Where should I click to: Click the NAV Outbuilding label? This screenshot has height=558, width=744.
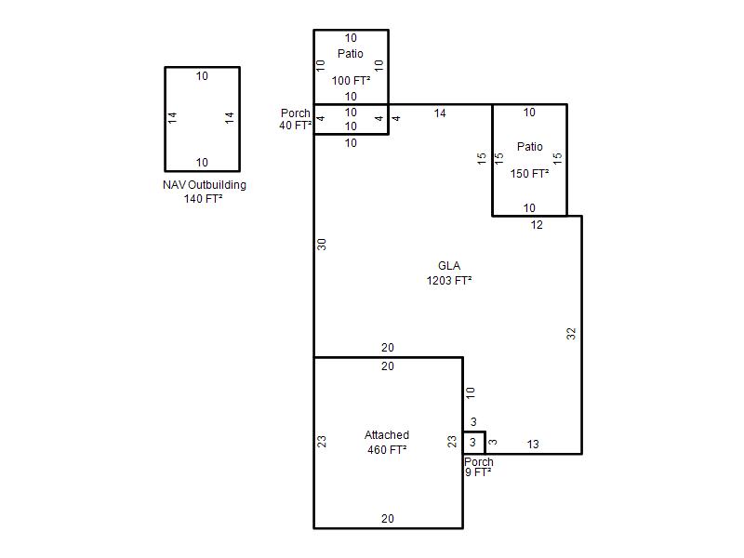click(204, 184)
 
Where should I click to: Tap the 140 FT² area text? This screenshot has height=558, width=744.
click(203, 198)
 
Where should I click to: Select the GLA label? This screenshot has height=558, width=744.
click(449, 266)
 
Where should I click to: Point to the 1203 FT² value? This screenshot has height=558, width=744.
click(449, 281)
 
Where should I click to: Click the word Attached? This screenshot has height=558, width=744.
click(387, 434)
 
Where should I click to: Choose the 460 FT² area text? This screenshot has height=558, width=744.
click(387, 449)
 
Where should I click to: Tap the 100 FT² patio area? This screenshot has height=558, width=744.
click(351, 81)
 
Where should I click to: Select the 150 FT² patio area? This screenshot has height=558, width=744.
click(529, 174)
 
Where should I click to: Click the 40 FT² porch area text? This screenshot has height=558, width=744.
click(295, 126)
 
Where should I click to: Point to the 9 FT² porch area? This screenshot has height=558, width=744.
click(478, 472)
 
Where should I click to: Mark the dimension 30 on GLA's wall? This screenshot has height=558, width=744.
click(322, 245)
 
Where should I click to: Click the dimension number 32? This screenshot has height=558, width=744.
click(571, 334)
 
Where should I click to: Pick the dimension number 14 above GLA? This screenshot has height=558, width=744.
click(440, 113)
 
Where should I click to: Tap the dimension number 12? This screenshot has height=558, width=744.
click(537, 225)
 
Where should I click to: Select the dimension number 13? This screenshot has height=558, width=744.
click(533, 445)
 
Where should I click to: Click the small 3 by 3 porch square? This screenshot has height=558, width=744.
click(474, 432)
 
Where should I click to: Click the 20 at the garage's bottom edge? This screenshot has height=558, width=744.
click(388, 519)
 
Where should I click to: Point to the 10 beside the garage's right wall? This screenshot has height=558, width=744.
click(471, 392)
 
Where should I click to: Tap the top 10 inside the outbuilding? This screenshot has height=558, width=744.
click(202, 76)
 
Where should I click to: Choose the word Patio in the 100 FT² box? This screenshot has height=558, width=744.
click(351, 54)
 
